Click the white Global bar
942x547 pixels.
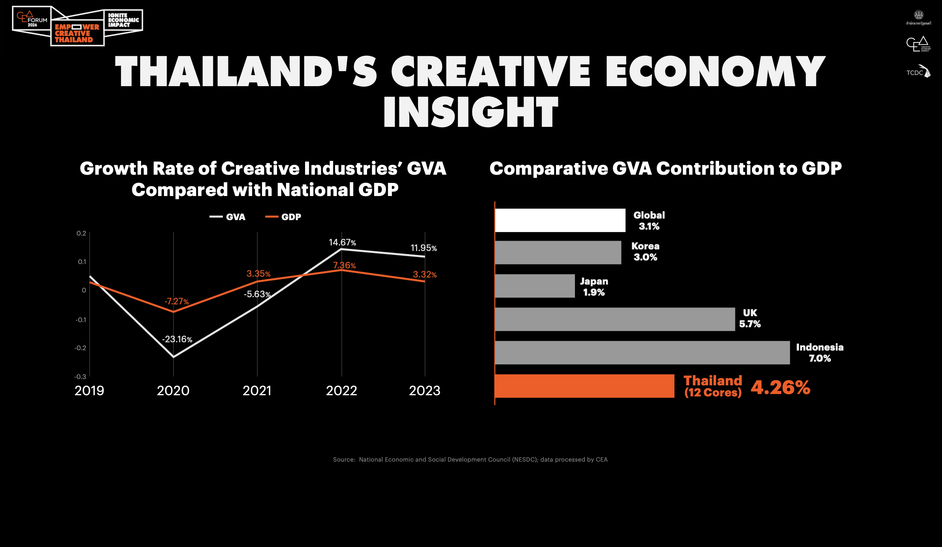(x=560, y=220)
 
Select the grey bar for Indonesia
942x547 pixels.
(x=642, y=353)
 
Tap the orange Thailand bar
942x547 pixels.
(x=584, y=386)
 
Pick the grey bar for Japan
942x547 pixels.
(x=535, y=286)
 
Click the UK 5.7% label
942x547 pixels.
(x=750, y=318)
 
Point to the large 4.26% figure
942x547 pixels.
(x=780, y=387)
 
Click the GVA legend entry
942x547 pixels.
(x=228, y=217)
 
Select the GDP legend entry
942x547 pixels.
(x=284, y=217)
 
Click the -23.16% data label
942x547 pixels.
(x=177, y=339)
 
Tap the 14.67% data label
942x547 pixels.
(x=342, y=242)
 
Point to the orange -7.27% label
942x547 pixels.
(x=176, y=301)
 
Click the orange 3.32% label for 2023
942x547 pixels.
(x=424, y=274)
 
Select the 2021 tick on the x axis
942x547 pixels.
(x=257, y=390)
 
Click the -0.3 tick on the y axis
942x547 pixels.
(x=80, y=377)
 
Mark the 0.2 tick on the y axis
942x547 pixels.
(x=81, y=233)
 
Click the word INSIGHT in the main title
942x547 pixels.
(x=471, y=112)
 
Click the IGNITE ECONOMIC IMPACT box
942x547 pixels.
(x=123, y=20)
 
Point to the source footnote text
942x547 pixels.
(x=470, y=459)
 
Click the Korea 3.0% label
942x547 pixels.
(x=645, y=251)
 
